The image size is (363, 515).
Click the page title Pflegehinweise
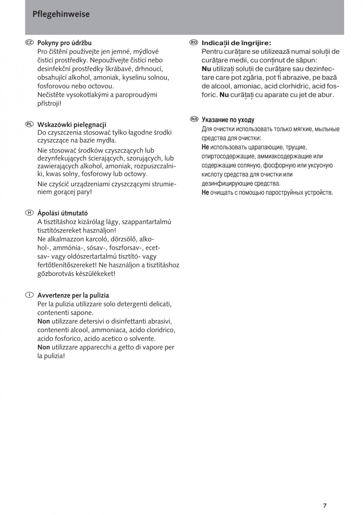[x=61, y=15]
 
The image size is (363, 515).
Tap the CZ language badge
[x=29, y=42]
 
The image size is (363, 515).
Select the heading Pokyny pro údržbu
[x=64, y=43]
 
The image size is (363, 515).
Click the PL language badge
[x=29, y=124]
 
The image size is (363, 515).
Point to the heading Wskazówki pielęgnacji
[x=72, y=124]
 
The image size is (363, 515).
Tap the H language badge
[x=29, y=213]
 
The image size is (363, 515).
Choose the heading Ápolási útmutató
[x=63, y=213]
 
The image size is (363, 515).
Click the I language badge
[x=29, y=295]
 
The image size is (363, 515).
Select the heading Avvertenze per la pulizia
[x=73, y=295]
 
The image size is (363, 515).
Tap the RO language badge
[x=193, y=42]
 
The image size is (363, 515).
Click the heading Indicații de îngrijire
[x=236, y=43]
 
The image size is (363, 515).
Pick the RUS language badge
[x=194, y=119]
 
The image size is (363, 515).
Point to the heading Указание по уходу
[x=228, y=120]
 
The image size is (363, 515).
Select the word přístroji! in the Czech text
[x=49, y=103]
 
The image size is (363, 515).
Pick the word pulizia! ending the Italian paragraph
[x=51, y=356]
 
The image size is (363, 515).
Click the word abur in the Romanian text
[x=326, y=95]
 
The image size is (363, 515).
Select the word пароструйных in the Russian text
[x=286, y=193]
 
